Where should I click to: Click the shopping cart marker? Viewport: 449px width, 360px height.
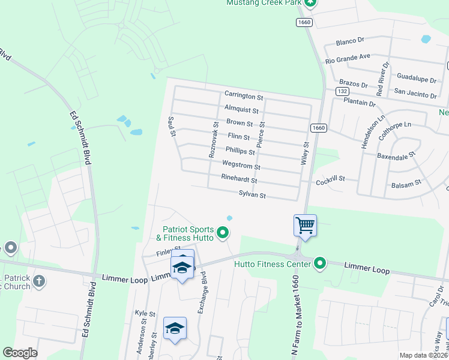305,226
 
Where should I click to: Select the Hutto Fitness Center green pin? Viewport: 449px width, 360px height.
320,263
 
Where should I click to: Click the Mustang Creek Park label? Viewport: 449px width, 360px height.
262,3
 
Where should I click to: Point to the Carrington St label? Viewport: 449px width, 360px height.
244,95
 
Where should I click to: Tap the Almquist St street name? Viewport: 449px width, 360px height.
241,110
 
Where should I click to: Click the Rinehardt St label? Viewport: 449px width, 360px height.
239,179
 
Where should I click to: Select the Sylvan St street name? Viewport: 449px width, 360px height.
252,194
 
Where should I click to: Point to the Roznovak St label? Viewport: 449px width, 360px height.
213,140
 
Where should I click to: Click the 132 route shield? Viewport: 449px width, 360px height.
342,91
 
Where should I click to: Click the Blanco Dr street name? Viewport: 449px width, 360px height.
351,41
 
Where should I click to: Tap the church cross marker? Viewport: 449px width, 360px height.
39,281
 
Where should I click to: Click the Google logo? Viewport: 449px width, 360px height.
20,353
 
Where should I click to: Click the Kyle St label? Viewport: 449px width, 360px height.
145,313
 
